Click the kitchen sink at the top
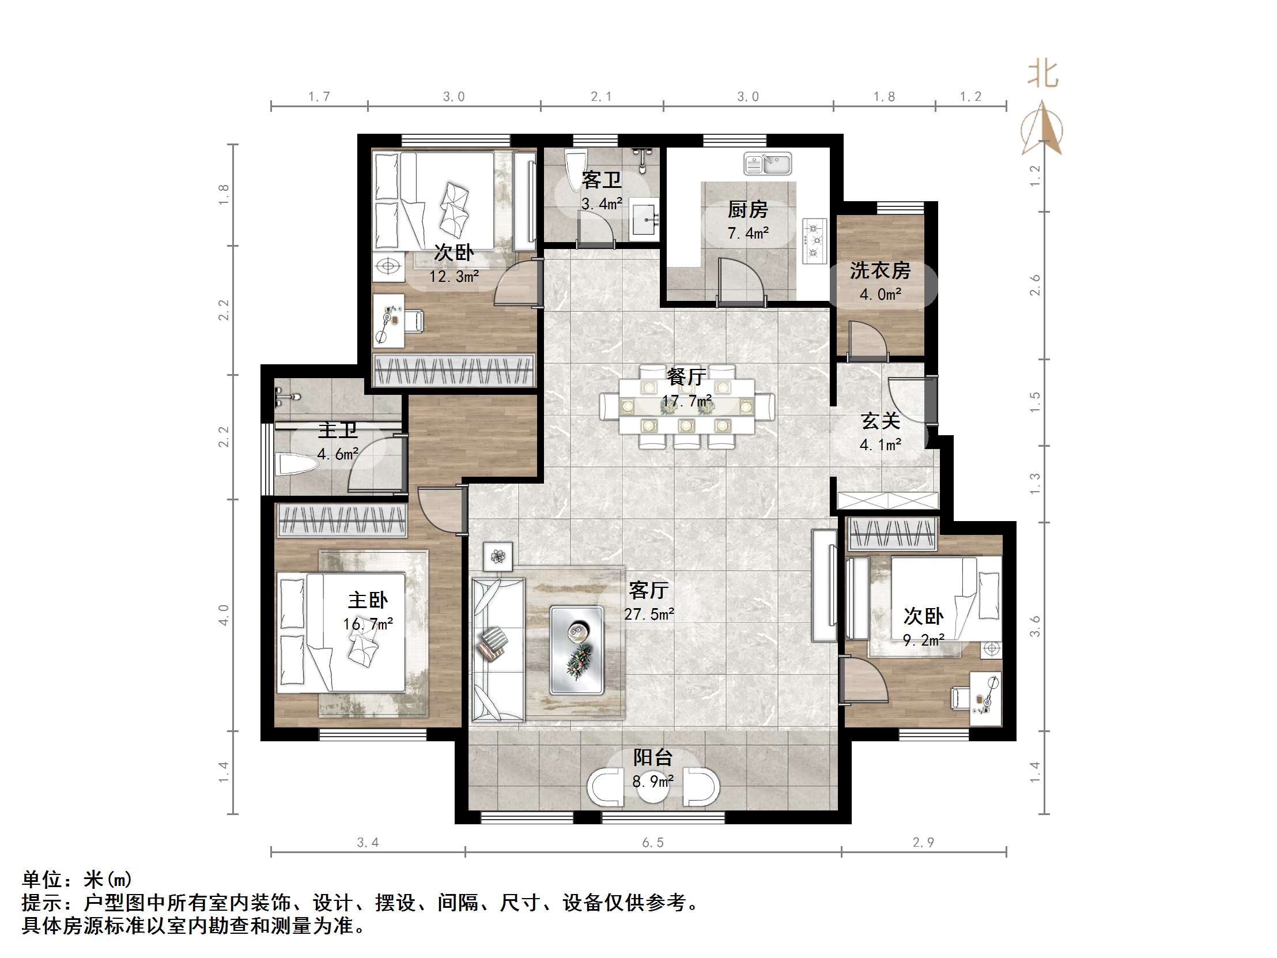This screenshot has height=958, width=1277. pos(767,164)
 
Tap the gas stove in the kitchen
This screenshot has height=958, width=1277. pos(815,241)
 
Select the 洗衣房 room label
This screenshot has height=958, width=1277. pos(879,270)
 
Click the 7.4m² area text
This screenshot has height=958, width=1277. pos(747,233)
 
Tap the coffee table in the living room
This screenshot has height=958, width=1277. pos(577,649)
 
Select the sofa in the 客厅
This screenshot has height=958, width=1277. pos(498,649)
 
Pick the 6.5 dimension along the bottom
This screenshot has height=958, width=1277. pos(653,843)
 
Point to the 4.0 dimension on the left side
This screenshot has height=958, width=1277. pos(224,615)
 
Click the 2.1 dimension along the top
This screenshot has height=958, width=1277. pos(601,96)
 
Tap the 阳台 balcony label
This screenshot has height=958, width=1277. pos(653,757)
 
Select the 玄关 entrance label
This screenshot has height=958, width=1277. pos(880,421)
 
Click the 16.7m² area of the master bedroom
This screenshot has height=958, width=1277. pos(368,624)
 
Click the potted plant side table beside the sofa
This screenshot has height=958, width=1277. pos(498,557)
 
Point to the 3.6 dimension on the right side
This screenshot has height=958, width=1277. pos(1035,627)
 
